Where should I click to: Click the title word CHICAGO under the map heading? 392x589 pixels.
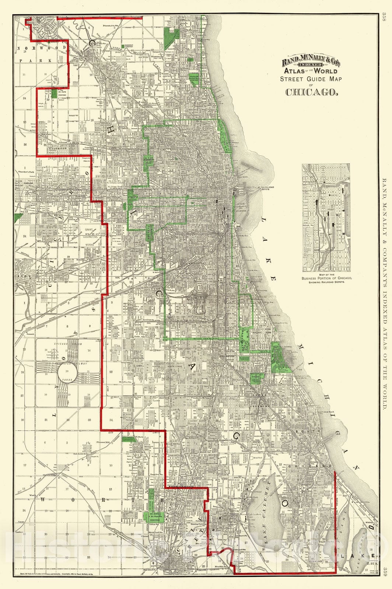point(311,92)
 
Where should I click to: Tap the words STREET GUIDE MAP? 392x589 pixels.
point(311,79)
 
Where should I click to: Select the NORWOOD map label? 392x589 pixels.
point(42,48)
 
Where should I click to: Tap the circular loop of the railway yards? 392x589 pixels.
point(67,374)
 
